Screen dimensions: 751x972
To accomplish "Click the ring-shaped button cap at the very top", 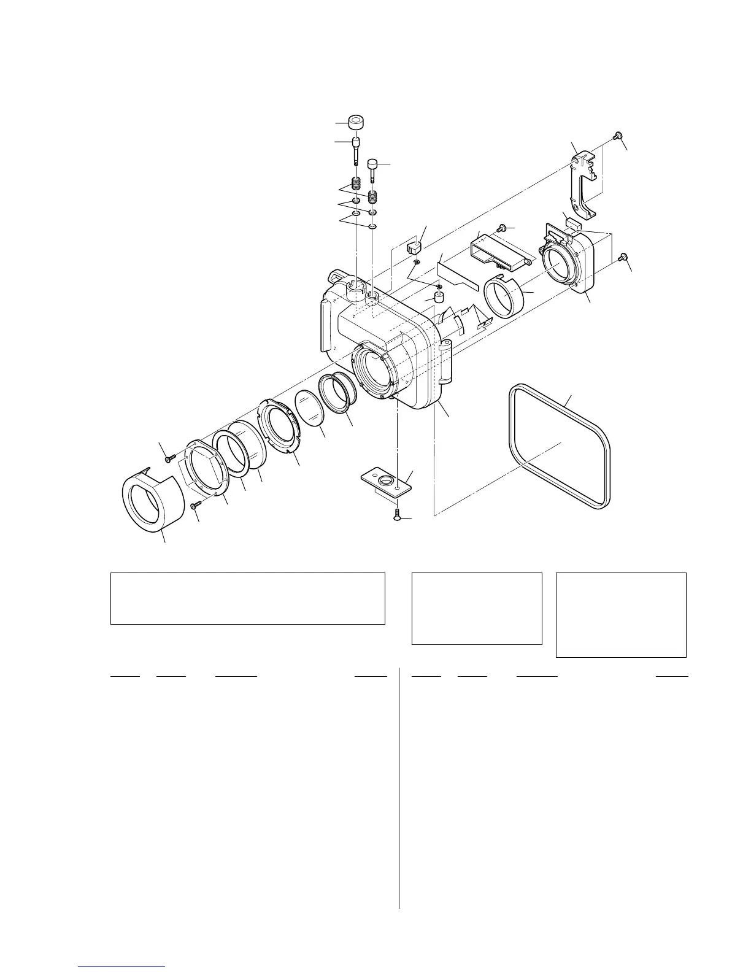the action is (x=356, y=121).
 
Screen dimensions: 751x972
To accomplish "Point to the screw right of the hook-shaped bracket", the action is (x=618, y=135).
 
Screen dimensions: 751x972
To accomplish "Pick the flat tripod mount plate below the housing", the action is (x=384, y=482).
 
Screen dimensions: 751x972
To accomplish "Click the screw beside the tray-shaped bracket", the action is (x=501, y=229).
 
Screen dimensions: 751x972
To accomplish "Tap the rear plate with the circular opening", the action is (x=568, y=266).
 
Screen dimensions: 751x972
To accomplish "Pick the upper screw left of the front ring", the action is (x=168, y=457).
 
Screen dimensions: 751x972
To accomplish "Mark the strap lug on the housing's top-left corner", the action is (x=336, y=277).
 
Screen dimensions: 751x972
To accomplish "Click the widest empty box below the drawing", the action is (x=247, y=598).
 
